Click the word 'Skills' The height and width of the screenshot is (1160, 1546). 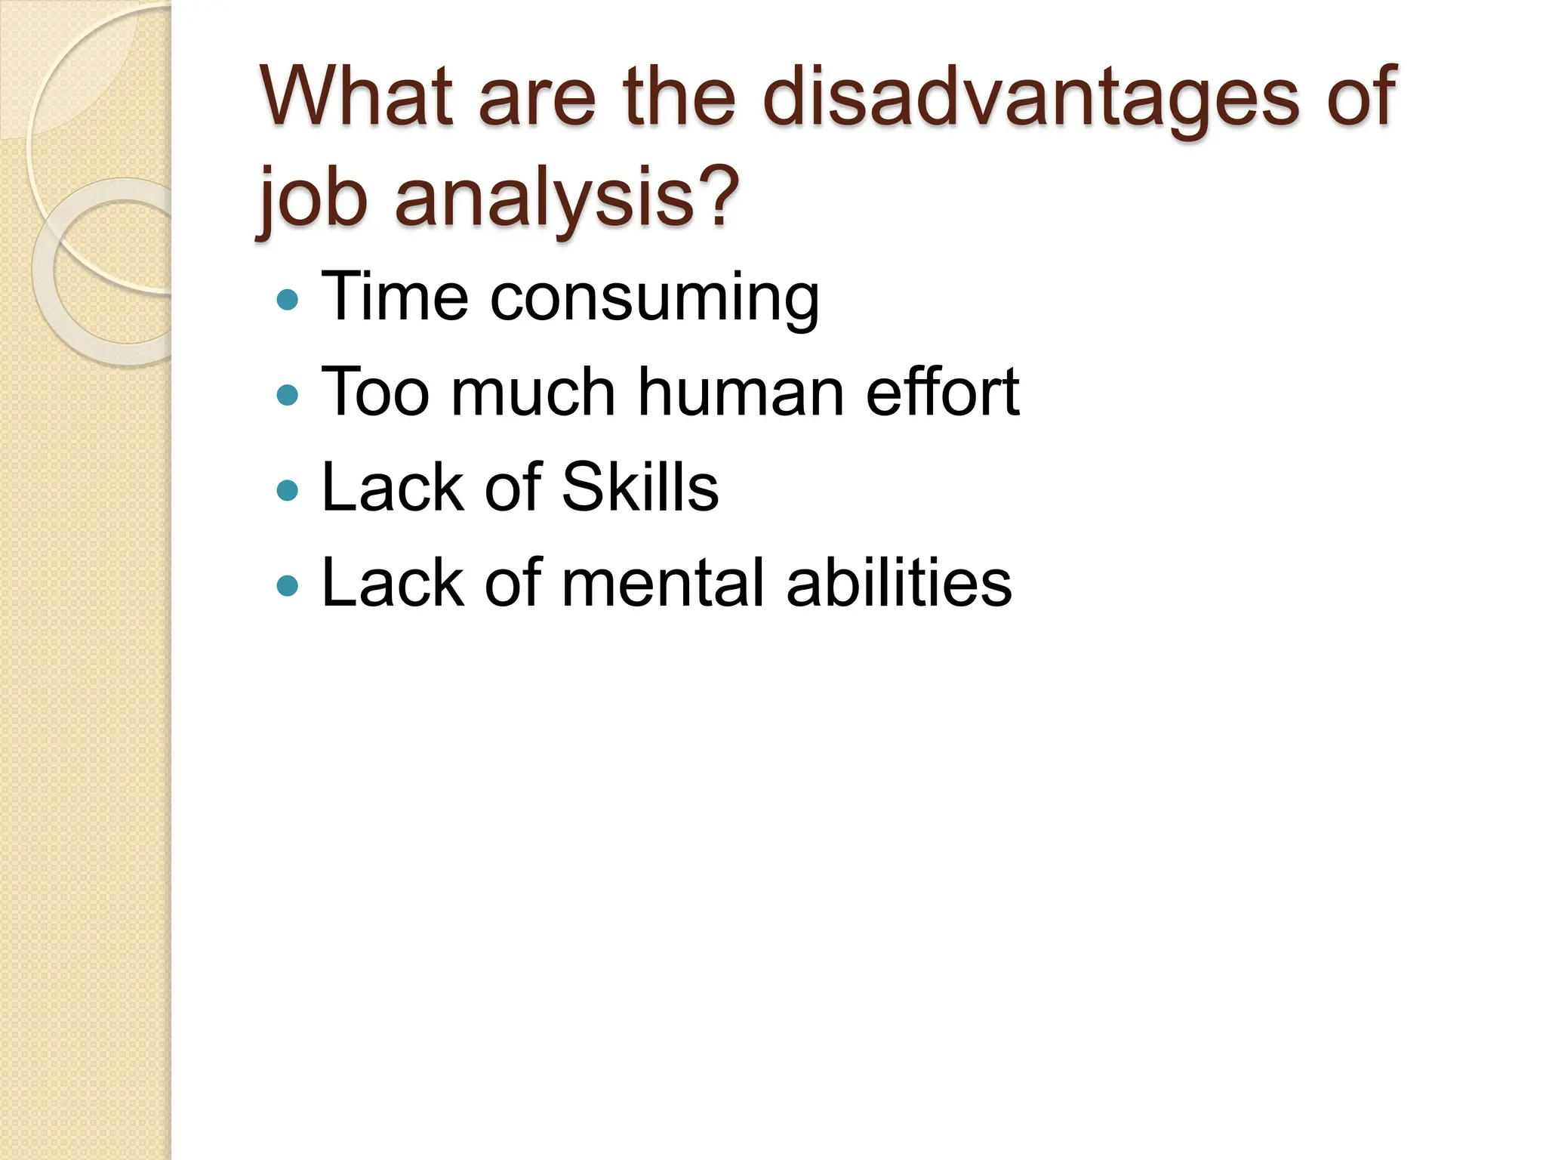pos(640,487)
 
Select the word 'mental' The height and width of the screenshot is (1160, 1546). pos(664,582)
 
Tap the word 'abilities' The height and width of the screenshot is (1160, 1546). pos(898,582)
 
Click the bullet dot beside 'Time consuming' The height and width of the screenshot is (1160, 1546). pos(288,300)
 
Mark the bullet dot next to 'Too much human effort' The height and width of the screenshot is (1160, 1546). pos(288,395)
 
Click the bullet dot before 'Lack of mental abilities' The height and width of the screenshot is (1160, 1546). pos(288,586)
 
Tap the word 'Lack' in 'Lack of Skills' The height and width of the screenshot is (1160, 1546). pos(391,487)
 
